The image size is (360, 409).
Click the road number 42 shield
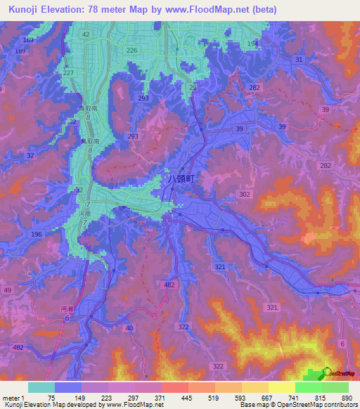click(86, 34)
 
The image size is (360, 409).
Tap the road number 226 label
click(131, 51)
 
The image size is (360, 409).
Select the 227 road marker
click(68, 73)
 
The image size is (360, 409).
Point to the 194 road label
click(253, 44)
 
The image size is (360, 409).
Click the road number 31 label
click(300, 60)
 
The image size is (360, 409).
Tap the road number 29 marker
click(193, 86)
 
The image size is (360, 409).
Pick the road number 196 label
click(37, 234)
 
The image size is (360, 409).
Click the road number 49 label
click(8, 290)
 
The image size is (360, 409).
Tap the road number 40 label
click(128, 328)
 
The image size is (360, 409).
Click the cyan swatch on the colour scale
click(41, 387)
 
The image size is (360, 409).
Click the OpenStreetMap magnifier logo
click(328, 372)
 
